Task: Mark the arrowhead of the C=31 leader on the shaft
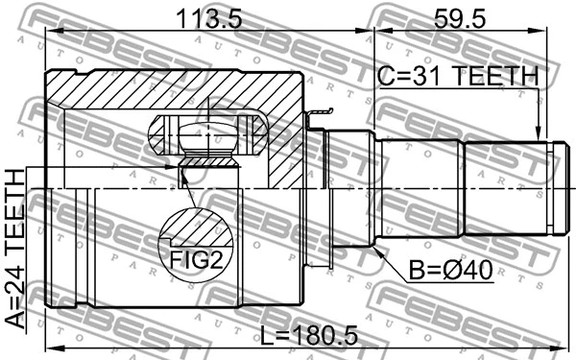[x=540, y=135]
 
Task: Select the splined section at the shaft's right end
[x=509, y=188]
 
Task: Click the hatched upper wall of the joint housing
[x=173, y=91]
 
